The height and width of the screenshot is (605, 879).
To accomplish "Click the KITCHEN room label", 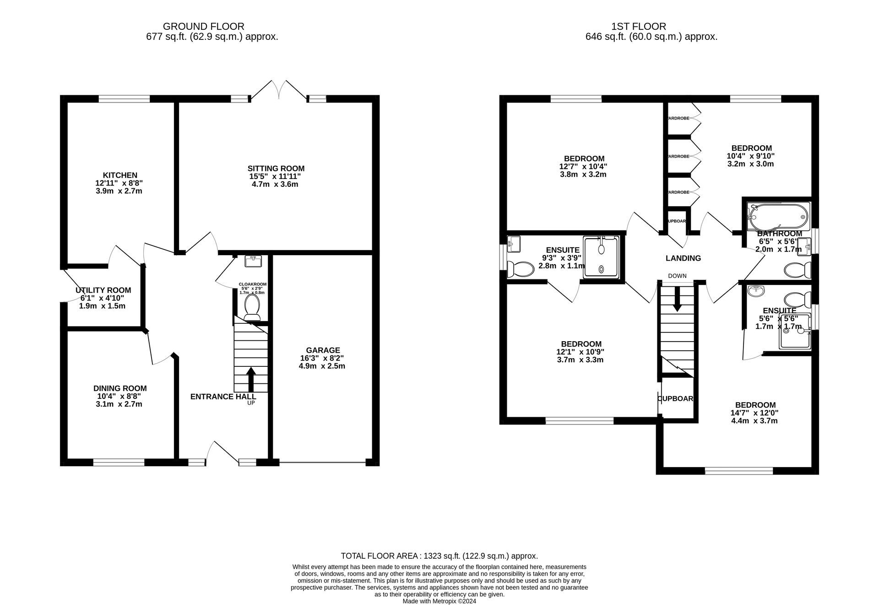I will [120, 175].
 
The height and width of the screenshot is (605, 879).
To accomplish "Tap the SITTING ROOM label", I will [276, 169].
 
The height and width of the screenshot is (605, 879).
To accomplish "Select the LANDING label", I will [683, 258].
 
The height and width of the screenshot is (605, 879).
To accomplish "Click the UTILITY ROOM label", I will [103, 290].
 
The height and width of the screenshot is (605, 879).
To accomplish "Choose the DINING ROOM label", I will [120, 388].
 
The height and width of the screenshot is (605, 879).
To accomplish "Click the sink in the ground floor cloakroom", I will [253, 262].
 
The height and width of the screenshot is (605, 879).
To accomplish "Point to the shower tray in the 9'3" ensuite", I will [601, 257].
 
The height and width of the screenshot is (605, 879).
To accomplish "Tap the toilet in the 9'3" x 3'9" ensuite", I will [520, 269].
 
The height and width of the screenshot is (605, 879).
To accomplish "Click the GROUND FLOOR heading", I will [203, 27].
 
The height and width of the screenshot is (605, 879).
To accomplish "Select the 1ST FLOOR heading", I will [638, 27].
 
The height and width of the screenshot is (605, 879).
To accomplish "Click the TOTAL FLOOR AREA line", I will [439, 556].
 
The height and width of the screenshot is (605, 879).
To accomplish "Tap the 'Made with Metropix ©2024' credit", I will [439, 601].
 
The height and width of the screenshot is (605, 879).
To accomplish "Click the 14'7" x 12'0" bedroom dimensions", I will [754, 413].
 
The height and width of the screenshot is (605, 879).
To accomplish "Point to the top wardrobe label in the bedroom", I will [678, 118].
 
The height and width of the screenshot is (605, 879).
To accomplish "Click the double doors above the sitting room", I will [279, 90].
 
